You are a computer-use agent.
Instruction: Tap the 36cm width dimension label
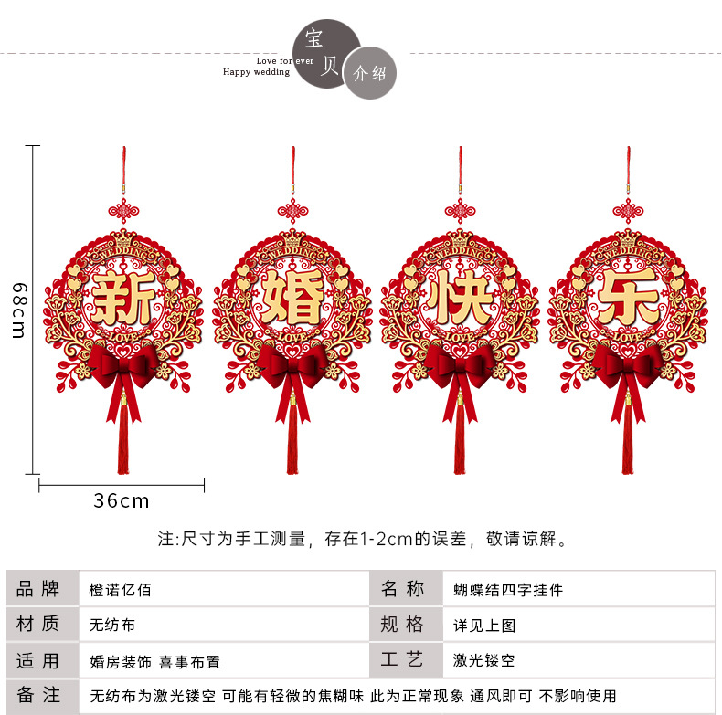pos(121,501)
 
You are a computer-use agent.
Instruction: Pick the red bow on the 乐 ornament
pos(627,366)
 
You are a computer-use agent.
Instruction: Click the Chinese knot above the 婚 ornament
pos(292,211)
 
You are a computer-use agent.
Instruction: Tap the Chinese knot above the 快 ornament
pos(460,211)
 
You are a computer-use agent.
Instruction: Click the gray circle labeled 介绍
pos(370,73)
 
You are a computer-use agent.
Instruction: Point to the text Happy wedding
pos(256,72)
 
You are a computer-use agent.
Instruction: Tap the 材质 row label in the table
pos(38,625)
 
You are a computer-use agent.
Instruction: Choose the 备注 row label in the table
pos(38,696)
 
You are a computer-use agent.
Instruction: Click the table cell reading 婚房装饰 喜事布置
pos(155,660)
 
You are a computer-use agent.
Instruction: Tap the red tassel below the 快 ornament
pos(460,438)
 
